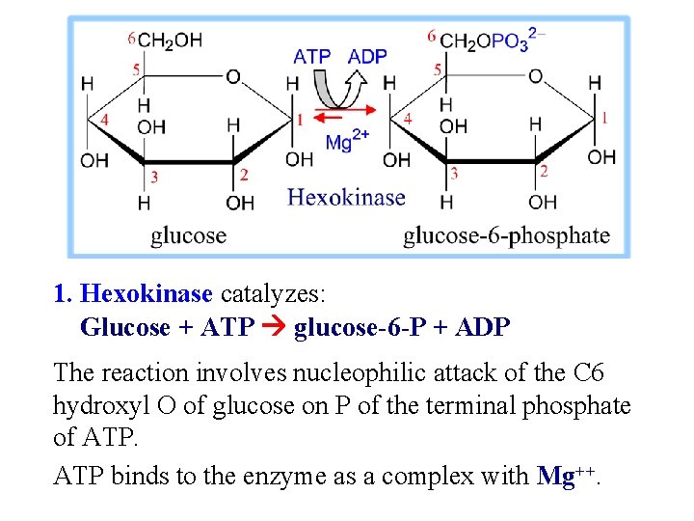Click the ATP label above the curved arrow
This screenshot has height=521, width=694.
point(311,56)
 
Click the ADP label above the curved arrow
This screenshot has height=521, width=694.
point(367,56)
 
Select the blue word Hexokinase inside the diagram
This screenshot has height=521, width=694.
point(346,198)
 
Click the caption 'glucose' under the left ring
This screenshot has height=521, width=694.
point(188,235)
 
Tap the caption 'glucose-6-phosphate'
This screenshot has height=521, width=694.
point(506,235)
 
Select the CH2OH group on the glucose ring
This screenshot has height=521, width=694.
point(170,41)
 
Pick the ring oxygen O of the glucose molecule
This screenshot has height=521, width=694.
point(232,76)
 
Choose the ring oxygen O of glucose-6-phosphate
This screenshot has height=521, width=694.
point(535,76)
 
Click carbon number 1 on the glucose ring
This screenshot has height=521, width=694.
point(299,120)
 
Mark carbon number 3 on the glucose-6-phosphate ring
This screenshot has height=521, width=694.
point(454,174)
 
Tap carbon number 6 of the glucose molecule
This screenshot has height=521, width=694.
point(131,38)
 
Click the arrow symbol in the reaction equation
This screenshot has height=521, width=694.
point(275,328)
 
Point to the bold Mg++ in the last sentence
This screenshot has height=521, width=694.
point(564,475)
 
